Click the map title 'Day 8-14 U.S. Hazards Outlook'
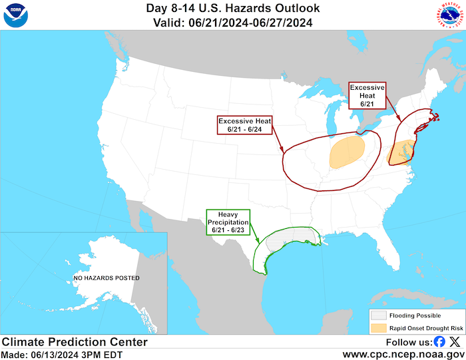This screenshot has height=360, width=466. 232,9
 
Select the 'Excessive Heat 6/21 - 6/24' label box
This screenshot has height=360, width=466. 244,125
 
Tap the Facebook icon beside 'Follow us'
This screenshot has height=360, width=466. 439,342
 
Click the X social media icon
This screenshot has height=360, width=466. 455,342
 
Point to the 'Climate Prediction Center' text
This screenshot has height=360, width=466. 75,342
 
